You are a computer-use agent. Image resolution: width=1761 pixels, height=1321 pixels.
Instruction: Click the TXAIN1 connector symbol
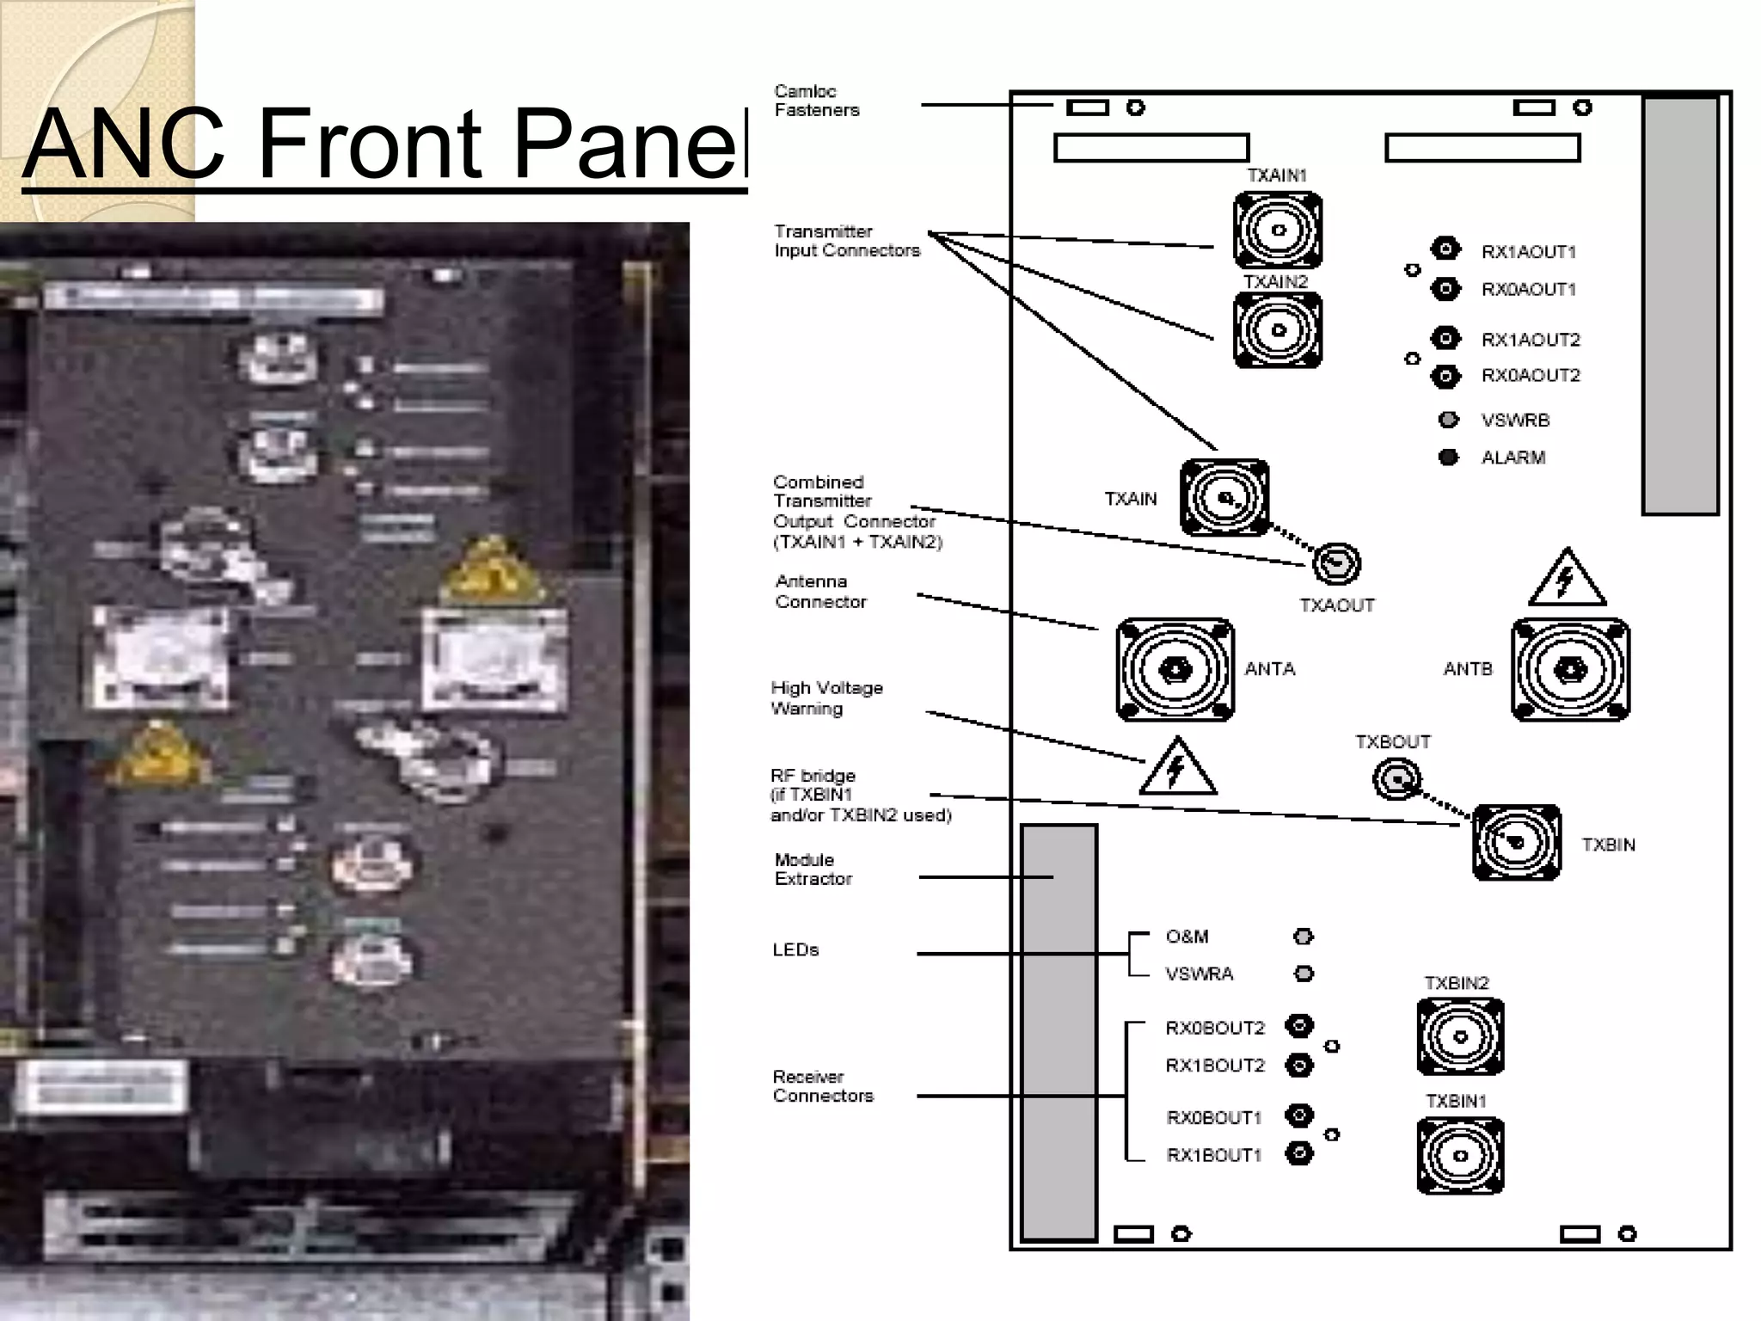[1278, 230]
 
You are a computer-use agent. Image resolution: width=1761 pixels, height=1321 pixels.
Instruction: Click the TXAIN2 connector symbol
[1278, 330]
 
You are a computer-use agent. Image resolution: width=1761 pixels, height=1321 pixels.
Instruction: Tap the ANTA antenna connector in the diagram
[1175, 669]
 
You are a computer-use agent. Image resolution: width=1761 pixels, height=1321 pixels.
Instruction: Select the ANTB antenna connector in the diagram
[1570, 669]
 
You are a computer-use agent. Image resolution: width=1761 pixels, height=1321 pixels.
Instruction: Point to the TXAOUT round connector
[1336, 564]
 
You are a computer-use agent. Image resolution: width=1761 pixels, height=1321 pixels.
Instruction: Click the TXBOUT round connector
[1396, 779]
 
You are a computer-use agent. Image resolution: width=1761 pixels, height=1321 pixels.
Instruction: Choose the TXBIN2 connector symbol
[1460, 1036]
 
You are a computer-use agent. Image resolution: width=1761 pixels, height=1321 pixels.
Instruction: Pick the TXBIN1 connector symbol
[1460, 1155]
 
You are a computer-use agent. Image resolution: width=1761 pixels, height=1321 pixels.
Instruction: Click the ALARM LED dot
[1448, 457]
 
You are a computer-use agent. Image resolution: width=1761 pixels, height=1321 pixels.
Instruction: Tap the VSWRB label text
[1515, 421]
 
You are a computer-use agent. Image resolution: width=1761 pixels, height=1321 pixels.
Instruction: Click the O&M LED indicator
[1304, 936]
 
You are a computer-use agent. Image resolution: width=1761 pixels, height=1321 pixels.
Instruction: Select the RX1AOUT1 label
[1528, 252]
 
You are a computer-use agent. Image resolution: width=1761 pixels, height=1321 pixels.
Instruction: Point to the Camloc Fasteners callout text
[816, 101]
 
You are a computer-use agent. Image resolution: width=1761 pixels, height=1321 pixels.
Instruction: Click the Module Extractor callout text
[813, 869]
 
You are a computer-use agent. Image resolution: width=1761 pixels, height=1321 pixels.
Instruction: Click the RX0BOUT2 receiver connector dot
[1299, 1026]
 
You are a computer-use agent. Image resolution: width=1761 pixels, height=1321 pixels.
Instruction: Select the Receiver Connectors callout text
[822, 1086]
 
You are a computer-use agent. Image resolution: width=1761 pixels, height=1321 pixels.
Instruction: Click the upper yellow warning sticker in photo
[492, 572]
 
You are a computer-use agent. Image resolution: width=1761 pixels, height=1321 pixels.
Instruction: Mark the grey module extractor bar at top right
[1679, 305]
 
